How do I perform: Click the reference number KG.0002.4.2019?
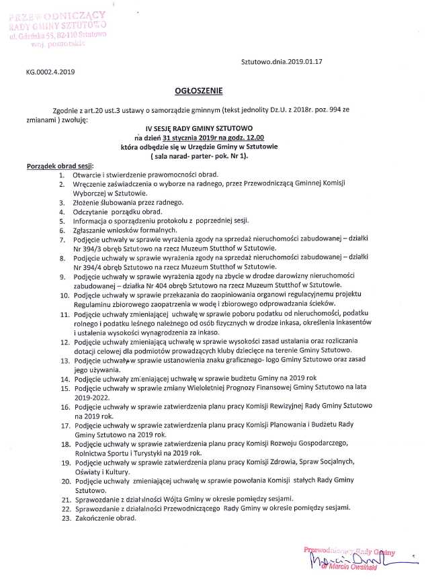pos(51,72)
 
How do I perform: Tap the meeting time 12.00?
pos(253,137)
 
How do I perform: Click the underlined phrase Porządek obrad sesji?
pos(60,165)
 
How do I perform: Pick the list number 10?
pos(65,295)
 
